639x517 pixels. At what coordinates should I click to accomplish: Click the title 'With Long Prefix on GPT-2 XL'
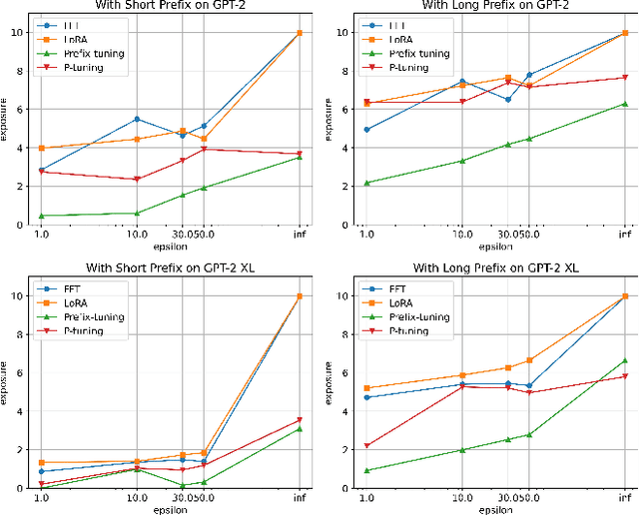point(491,267)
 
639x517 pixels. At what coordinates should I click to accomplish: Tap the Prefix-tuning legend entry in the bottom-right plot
point(419,316)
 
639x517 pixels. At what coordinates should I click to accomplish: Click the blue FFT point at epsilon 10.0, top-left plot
point(137,119)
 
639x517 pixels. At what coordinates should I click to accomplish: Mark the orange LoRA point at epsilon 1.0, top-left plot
point(41,148)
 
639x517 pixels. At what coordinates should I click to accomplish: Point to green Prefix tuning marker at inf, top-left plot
point(300,157)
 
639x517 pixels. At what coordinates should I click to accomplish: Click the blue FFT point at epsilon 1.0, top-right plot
point(366,130)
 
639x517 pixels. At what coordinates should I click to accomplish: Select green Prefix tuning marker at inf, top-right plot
point(625,103)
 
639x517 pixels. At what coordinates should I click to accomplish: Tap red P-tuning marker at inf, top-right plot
point(625,77)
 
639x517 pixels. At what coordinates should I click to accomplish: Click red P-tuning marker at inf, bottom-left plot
point(300,419)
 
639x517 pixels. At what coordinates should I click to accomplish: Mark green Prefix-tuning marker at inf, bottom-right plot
point(625,360)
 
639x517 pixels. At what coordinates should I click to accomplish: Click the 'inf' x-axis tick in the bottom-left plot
point(300,498)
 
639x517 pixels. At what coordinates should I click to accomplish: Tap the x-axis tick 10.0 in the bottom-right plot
point(462,498)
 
